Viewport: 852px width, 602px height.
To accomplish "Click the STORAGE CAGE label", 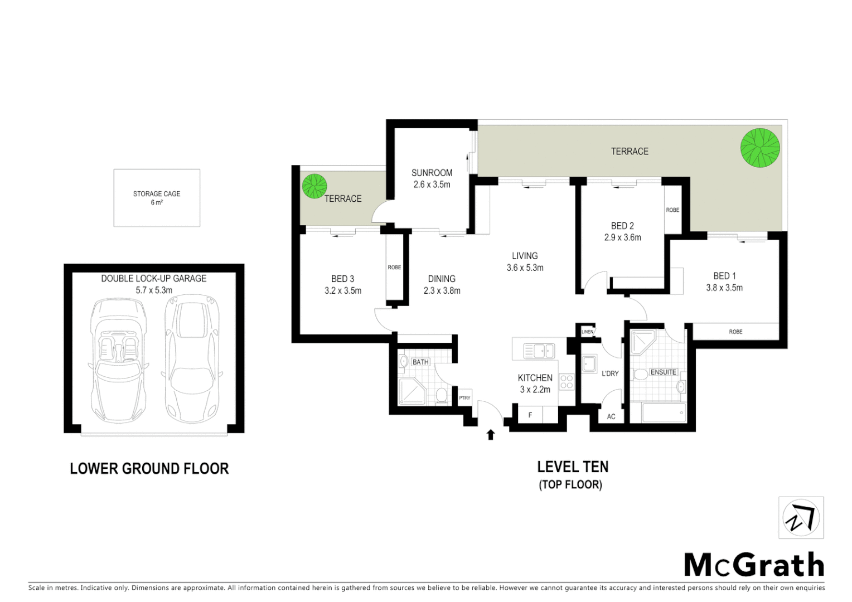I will coord(157,194).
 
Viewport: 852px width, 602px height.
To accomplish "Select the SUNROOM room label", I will coord(432,173).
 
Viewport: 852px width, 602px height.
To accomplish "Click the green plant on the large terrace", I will coord(759,148).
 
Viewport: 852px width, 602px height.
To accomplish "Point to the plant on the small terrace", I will coord(314,186).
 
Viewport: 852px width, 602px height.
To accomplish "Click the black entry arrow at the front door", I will coord(491,434).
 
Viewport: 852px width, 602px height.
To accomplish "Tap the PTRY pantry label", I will coord(464,398).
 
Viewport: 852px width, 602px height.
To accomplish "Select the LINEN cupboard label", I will coord(587,332).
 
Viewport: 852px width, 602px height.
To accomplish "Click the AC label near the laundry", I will coord(611,416).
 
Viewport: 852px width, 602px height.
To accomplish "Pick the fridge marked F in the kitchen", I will coord(530,415).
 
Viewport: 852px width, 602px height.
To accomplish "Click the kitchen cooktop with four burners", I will coord(567,382).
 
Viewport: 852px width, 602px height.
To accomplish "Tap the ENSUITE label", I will coord(663,372).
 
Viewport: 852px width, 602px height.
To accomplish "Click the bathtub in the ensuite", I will coord(664,413).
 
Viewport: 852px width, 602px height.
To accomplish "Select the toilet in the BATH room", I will coord(442,396).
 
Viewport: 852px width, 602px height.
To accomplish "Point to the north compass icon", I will coord(801,518).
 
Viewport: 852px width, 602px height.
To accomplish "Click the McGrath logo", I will coord(754,565).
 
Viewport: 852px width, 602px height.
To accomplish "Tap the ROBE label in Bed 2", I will coord(672,210).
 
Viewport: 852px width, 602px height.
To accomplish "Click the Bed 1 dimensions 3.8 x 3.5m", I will coord(724,288).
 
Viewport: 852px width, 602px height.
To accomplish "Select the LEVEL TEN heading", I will coord(573,467).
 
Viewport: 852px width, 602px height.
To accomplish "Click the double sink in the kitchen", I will coord(539,351).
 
